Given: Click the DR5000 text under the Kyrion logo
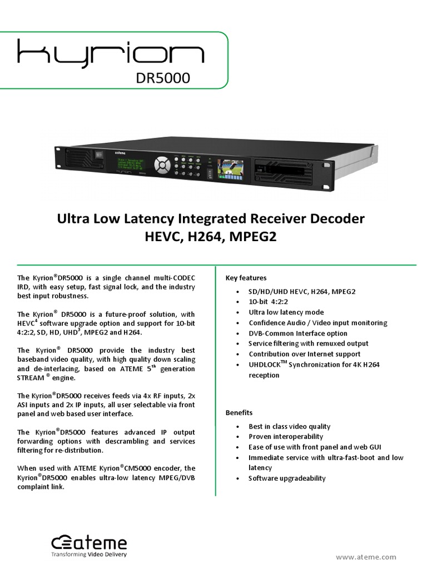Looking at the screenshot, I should pos(163,78).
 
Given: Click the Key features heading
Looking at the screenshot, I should pos(246,278).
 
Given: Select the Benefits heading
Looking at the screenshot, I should pos(239,413).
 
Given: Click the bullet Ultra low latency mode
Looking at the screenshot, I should pos(286,312).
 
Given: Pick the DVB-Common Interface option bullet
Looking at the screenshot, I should pos(298,333).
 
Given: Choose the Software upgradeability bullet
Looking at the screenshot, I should pos(287,478).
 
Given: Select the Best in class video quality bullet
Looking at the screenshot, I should pos(290,427).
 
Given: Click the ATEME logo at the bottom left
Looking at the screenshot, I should pos(89,543).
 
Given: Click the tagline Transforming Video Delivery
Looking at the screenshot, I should pos(89,555).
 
